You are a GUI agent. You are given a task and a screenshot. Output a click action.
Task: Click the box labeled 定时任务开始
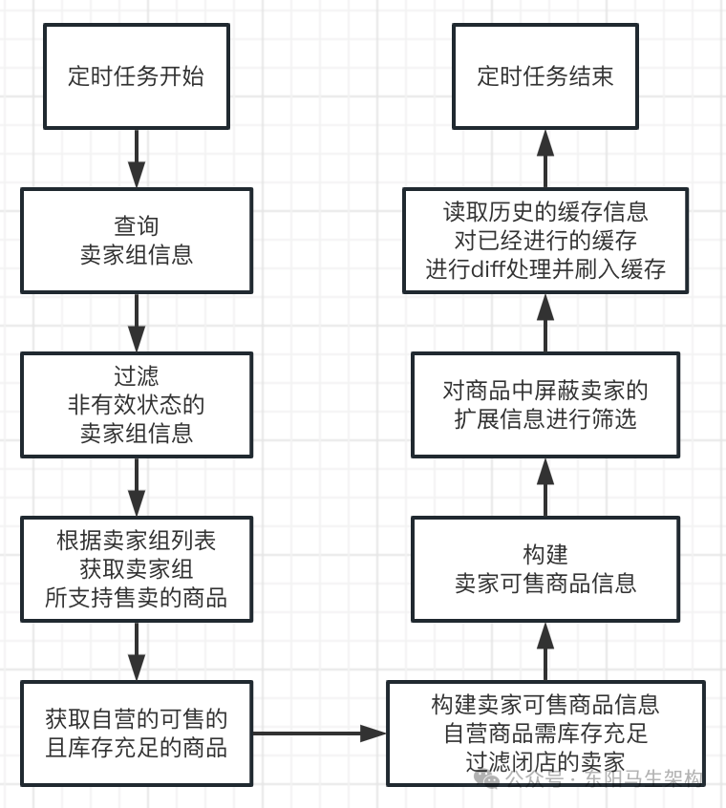pos(137,76)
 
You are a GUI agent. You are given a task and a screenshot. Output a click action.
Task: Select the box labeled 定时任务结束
pos(544,76)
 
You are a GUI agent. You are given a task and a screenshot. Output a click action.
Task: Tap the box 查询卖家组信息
pos(137,241)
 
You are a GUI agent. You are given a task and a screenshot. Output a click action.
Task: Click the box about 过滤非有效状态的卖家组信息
pos(137,405)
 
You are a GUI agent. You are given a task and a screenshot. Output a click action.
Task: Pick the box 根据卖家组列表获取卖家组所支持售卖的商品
pos(137,569)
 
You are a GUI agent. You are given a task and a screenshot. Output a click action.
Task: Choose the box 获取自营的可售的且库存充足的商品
pos(137,733)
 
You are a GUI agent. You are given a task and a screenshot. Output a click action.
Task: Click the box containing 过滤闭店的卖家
pos(544,733)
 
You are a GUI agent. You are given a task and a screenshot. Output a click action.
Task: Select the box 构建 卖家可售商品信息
pos(544,569)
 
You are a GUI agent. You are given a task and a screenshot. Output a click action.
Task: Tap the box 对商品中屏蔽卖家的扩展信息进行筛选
pos(544,405)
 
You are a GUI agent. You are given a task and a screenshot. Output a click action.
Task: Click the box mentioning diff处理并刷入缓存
pos(544,240)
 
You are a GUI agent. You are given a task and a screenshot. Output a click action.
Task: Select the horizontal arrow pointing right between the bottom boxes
pos(319,733)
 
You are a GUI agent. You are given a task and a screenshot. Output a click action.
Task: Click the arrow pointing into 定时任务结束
pos(544,158)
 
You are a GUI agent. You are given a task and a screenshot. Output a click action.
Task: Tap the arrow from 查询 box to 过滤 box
pos(137,323)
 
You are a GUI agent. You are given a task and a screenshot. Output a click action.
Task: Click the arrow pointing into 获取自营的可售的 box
pos(137,651)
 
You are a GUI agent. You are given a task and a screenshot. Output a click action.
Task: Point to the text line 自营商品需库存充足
pos(544,734)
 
